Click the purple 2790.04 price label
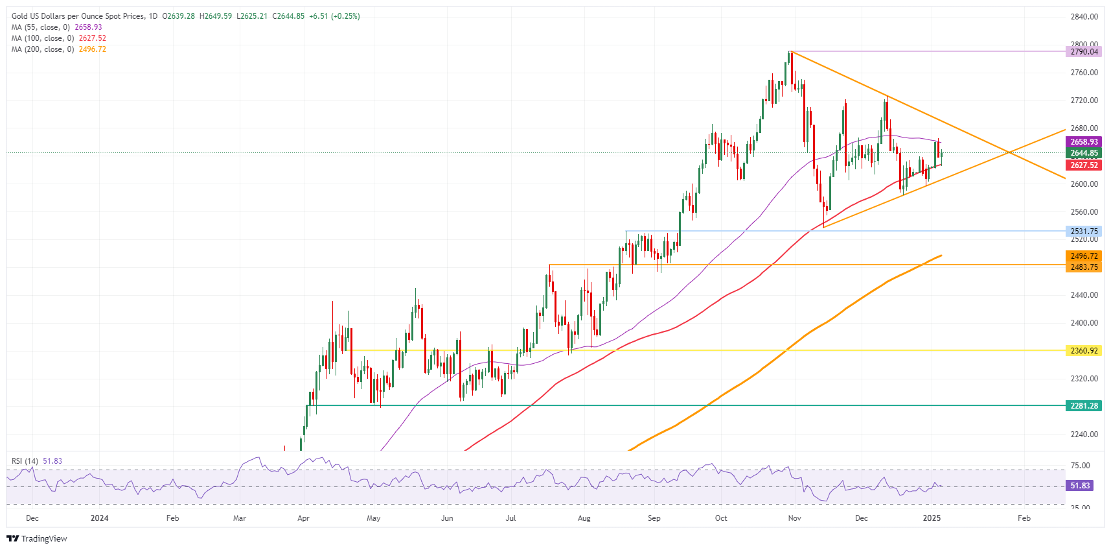(1084, 52)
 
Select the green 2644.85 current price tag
(1084, 153)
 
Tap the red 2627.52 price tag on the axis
(1084, 165)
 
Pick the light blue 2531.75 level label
(1084, 232)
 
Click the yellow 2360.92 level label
(1084, 351)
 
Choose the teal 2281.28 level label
(1084, 406)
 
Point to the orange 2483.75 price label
(1084, 267)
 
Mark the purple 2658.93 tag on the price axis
(1084, 142)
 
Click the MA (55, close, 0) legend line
(56, 27)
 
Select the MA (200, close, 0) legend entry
(58, 49)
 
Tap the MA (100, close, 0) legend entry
(58, 38)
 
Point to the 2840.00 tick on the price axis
(1084, 17)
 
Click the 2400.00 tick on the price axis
(1084, 323)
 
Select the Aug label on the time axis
(584, 518)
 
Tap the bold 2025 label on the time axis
(932, 518)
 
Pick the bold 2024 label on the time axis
(99, 518)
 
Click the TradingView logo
(37, 538)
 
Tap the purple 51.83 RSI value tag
(1079, 486)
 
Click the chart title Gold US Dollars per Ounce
(78, 16)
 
